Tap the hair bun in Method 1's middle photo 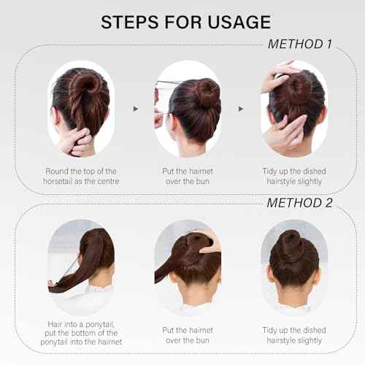pyautogui.click(x=207, y=93)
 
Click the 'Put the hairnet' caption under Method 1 pyautogui.click(x=187, y=176)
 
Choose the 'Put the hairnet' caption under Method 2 pyautogui.click(x=187, y=335)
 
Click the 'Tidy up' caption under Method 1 pyautogui.click(x=293, y=176)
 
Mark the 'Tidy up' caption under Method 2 pyautogui.click(x=293, y=335)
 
